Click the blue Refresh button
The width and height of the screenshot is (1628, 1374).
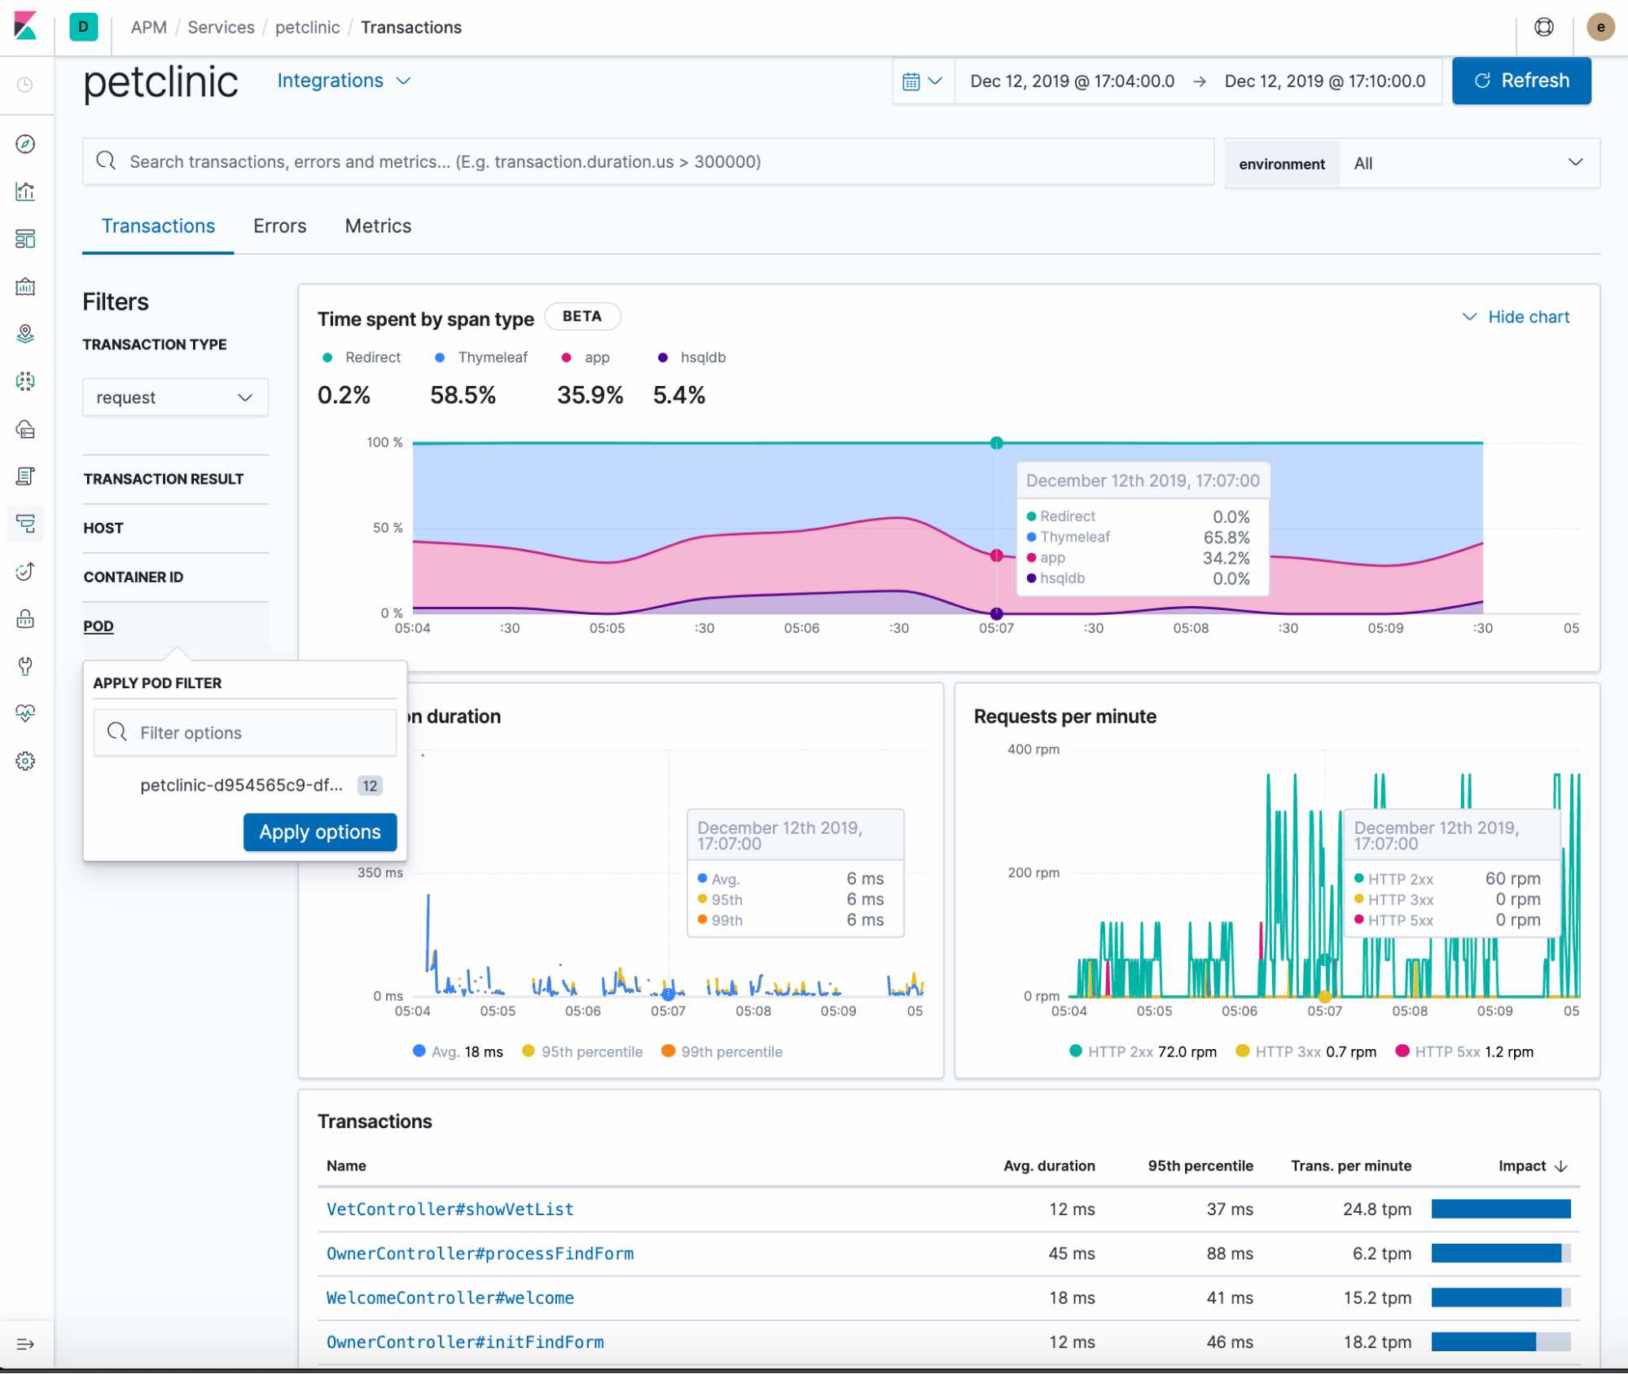click(1520, 81)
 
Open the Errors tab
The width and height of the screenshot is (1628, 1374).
click(279, 226)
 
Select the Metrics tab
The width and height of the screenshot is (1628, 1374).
click(378, 226)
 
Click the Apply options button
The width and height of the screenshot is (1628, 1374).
click(319, 832)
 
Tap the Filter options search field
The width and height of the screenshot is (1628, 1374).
click(245, 732)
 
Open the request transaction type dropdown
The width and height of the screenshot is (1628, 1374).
click(175, 397)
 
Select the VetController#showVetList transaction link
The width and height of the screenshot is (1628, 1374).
click(450, 1209)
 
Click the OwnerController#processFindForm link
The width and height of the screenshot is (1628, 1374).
click(480, 1253)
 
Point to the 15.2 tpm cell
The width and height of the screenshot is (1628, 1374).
click(1376, 1297)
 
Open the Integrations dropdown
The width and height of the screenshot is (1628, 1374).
click(343, 81)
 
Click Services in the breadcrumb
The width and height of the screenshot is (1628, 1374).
click(221, 27)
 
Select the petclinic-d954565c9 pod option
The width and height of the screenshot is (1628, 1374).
click(241, 785)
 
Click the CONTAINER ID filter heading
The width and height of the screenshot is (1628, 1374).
click(134, 577)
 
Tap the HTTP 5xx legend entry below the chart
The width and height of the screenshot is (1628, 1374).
click(1464, 1051)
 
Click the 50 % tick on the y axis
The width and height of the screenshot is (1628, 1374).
click(387, 528)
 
